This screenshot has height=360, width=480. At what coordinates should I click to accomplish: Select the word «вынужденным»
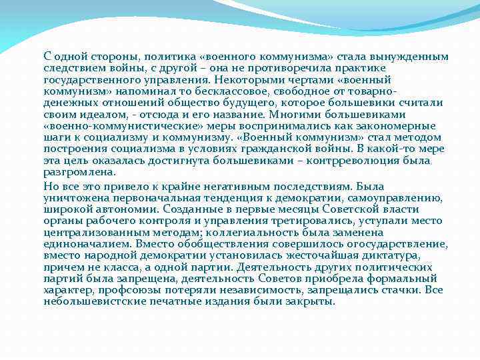(x=411, y=57)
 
